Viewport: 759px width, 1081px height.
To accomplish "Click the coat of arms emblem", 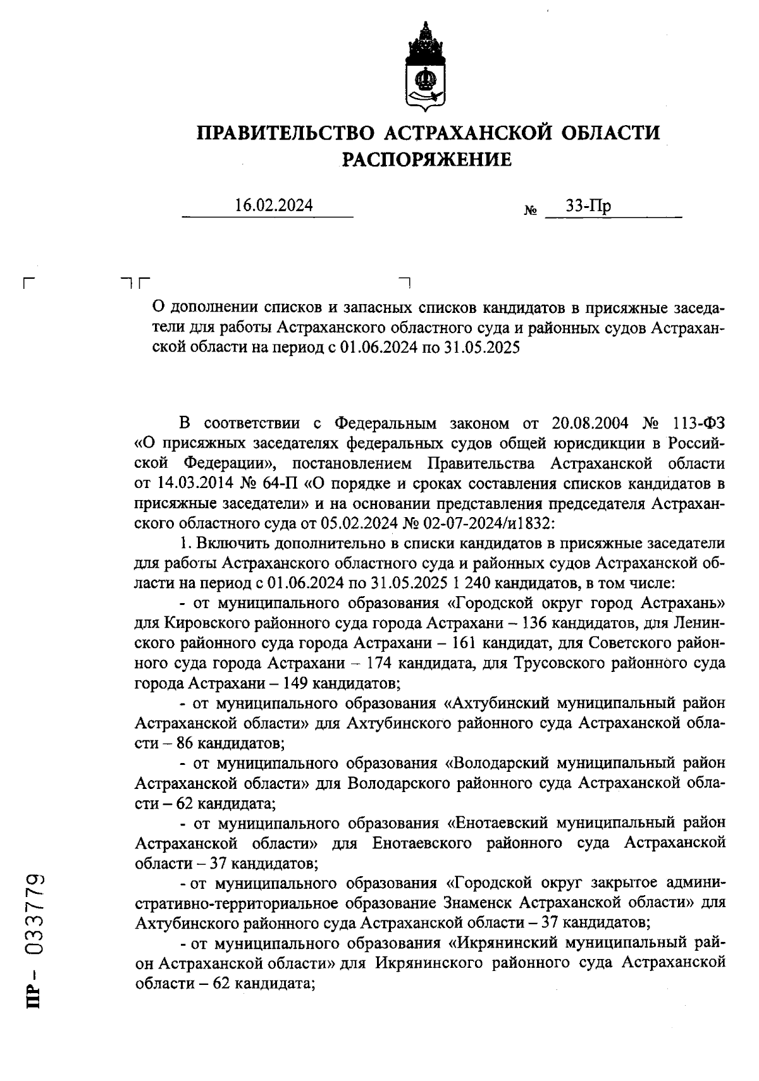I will coord(424,66).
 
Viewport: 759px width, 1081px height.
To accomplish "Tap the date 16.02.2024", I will coord(273,205).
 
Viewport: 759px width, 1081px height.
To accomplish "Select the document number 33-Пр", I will coord(588,206).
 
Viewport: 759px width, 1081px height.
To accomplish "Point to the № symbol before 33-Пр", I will coord(530,210).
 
